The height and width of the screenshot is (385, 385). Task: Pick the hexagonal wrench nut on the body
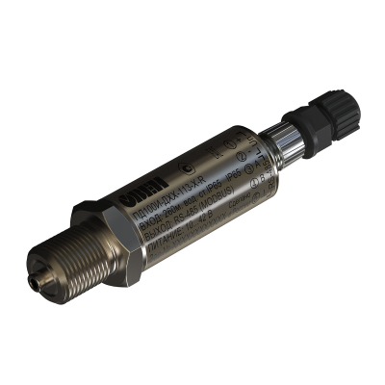106,231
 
